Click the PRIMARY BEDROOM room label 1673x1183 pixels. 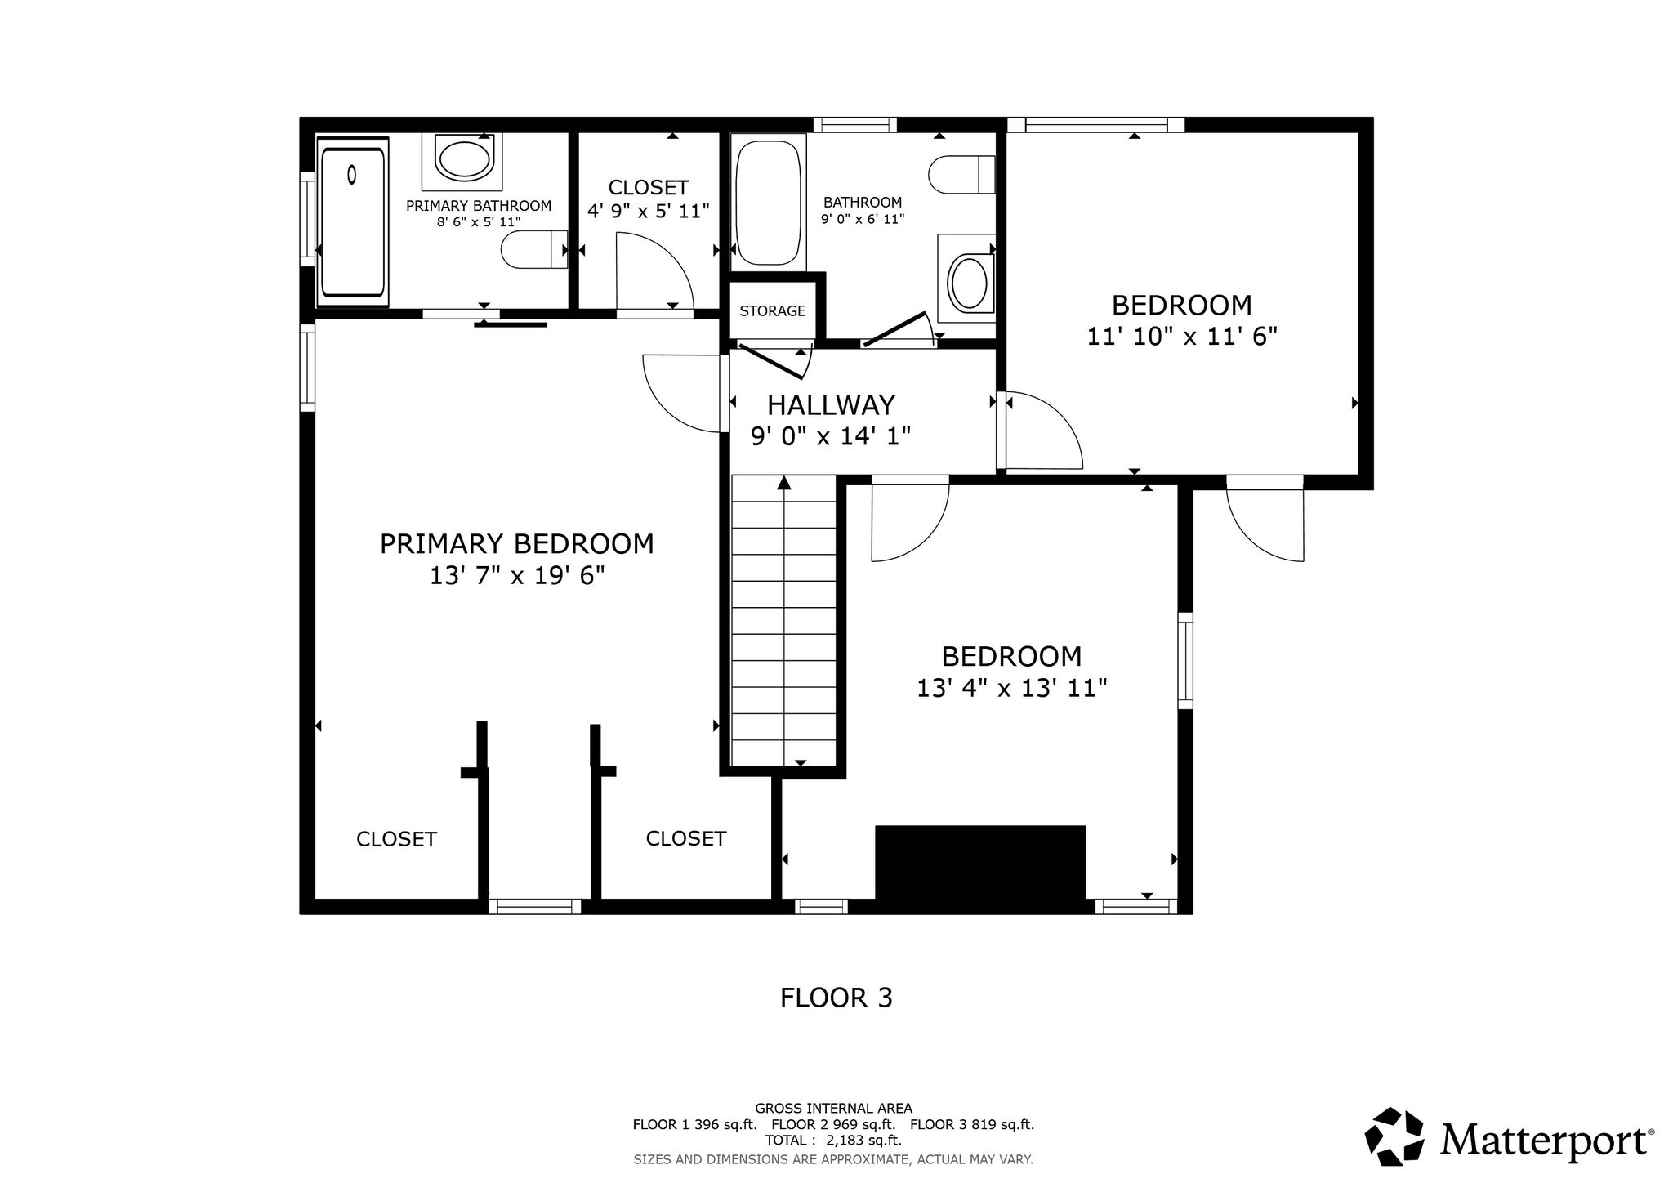516,544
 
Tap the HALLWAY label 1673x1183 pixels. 831,405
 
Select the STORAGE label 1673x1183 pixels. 773,311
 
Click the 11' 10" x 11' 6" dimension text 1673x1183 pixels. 1181,337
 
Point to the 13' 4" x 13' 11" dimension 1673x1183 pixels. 1011,689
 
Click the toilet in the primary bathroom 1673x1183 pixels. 534,249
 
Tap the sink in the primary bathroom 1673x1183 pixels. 463,158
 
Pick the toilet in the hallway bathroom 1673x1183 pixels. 961,174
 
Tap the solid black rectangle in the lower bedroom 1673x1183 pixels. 980,869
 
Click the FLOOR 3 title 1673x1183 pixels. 836,998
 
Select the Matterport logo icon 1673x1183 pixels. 1398,1136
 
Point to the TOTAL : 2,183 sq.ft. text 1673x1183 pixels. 833,1141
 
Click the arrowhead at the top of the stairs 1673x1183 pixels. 784,482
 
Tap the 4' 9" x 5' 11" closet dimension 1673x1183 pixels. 649,212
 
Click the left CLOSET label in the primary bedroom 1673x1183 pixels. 396,839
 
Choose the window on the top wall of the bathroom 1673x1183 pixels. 855,125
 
